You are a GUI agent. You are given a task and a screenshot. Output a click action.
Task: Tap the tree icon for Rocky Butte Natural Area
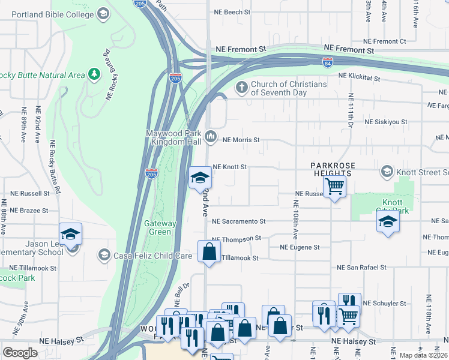[94, 74]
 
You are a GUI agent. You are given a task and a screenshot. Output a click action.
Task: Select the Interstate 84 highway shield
[327, 63]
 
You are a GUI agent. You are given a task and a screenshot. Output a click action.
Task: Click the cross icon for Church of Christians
[242, 88]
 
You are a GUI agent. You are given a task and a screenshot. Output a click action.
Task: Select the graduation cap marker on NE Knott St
[200, 178]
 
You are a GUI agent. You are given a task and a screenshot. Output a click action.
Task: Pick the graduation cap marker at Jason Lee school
[70, 234]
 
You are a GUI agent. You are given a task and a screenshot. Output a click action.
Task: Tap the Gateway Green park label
[161, 227]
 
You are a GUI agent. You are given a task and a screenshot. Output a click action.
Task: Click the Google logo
[20, 353]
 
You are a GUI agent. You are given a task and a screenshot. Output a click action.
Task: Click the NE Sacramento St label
[239, 221]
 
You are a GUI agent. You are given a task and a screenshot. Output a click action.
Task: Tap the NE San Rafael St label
[370, 268]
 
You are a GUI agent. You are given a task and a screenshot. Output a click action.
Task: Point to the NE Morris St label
[241, 140]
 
